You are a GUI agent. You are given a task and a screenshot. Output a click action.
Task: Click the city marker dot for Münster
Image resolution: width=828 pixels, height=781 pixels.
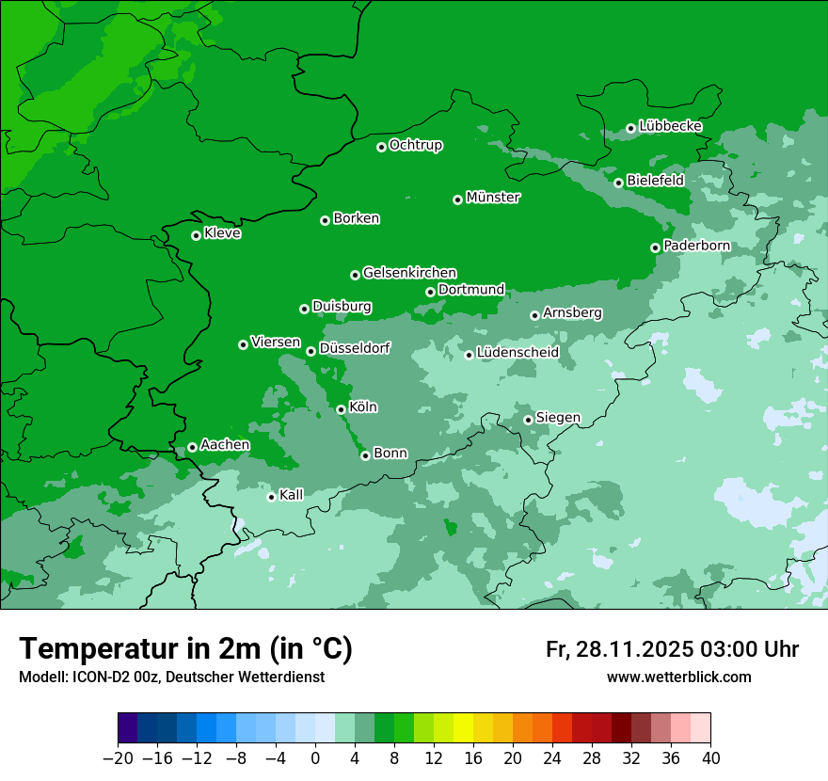(457, 199)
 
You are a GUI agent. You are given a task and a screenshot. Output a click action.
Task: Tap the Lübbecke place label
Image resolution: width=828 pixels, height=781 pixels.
(670, 126)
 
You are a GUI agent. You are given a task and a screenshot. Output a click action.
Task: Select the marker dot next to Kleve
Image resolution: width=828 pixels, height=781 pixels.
(196, 235)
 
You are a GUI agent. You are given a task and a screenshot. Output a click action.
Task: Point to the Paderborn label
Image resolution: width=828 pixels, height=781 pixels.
(696, 246)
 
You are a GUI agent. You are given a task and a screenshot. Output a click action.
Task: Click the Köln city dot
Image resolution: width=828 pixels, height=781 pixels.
(341, 409)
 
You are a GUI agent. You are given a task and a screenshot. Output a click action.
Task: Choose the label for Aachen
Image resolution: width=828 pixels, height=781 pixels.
(225, 445)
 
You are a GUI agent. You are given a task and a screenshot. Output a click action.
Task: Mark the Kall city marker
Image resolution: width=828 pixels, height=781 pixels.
(271, 497)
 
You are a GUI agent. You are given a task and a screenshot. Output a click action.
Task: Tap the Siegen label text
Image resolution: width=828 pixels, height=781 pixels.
(558, 418)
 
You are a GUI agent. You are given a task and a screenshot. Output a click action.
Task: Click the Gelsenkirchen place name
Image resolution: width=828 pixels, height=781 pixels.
(409, 273)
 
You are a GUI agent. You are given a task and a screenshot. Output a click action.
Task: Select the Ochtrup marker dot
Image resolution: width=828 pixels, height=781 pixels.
(381, 147)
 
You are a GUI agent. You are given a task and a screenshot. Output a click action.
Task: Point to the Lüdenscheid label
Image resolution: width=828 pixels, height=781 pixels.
(517, 353)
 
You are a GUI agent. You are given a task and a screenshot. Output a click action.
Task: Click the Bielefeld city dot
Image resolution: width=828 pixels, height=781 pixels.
(618, 183)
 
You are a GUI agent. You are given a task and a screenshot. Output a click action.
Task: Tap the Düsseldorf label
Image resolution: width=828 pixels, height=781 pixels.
(354, 349)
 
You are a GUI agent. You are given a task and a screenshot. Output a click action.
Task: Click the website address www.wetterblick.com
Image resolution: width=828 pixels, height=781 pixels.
(678, 677)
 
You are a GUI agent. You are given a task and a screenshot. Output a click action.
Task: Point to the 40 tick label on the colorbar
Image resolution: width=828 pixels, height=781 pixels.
(710, 758)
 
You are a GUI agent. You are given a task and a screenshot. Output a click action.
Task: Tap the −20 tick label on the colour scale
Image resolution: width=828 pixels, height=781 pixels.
(118, 758)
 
